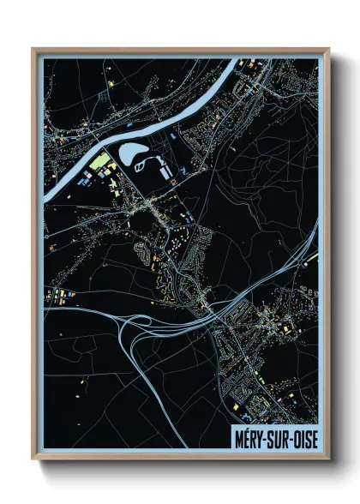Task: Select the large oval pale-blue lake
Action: (x=134, y=154)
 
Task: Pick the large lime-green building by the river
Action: (x=100, y=161)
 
